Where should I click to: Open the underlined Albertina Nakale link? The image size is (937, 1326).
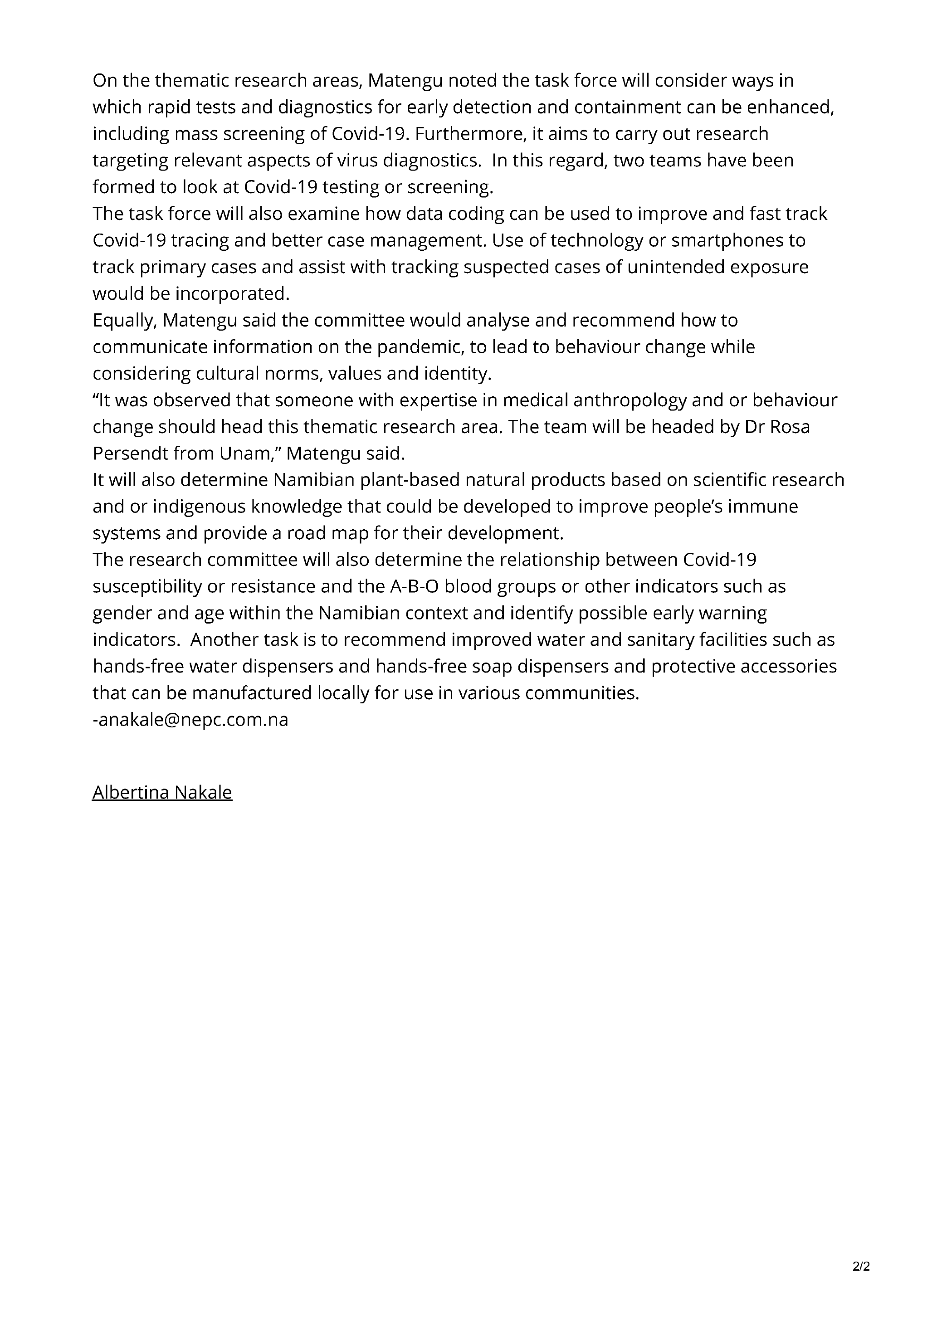[162, 792]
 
